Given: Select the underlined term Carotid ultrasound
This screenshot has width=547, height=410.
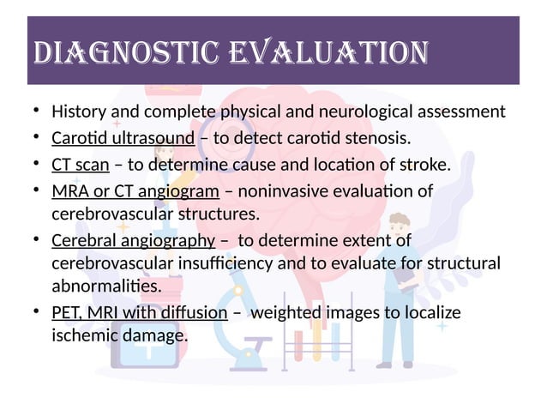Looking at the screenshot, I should pos(116,138).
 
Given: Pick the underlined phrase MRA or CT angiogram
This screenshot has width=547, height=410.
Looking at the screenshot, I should pos(135,191).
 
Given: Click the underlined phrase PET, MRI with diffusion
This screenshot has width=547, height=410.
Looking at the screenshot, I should pos(139,313).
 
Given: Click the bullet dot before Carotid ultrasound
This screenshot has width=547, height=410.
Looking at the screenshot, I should pos(37,138).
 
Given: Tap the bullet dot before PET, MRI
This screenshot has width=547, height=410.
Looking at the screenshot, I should pos(37,313).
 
